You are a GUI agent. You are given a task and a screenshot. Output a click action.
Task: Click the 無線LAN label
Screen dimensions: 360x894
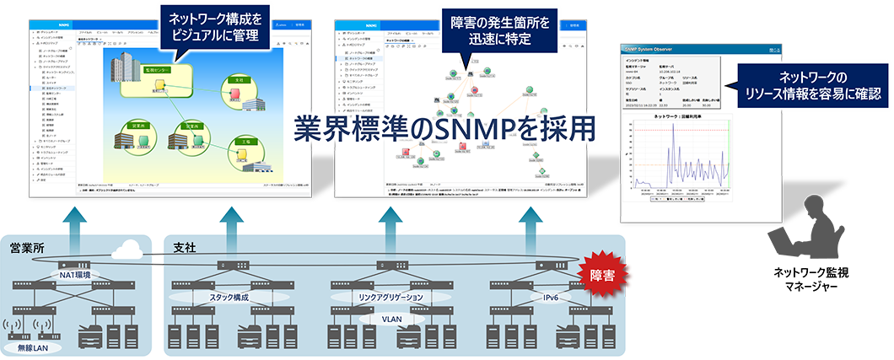click(x=28, y=347)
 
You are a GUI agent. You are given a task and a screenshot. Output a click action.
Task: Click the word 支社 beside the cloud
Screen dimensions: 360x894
click(x=184, y=248)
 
